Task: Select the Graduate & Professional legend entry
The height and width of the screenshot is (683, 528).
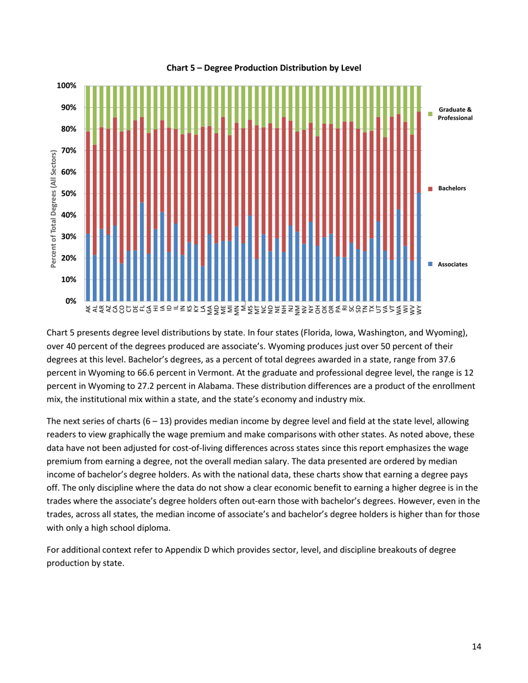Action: coord(455,114)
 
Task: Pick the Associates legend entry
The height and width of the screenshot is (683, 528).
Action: coord(451,265)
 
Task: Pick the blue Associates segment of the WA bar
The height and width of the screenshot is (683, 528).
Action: coord(399,255)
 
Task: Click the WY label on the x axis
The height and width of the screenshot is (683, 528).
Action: coord(419,309)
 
